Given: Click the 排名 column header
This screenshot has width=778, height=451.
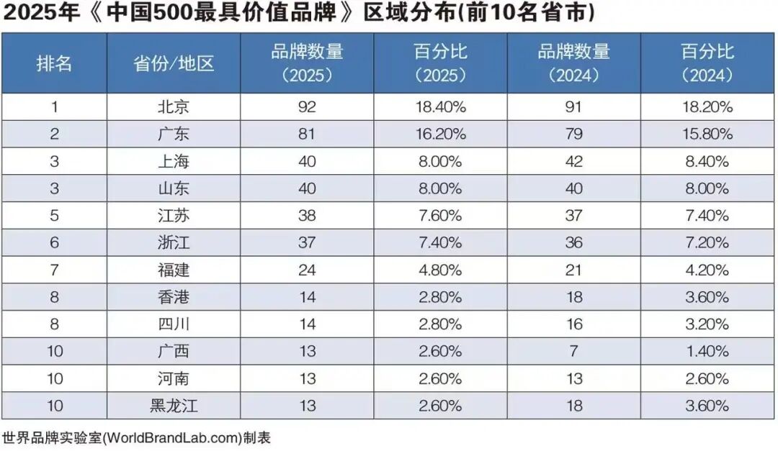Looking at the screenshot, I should point(54,63).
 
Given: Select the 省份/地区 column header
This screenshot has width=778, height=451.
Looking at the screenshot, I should point(174,63).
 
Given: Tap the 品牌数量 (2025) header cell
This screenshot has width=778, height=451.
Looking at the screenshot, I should point(307,63).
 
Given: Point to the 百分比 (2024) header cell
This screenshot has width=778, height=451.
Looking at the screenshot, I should point(707,63).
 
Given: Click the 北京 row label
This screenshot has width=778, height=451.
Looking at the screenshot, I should point(174,107).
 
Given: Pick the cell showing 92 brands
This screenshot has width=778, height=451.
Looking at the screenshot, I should point(307,107).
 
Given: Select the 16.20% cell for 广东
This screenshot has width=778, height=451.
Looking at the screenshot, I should point(440,134).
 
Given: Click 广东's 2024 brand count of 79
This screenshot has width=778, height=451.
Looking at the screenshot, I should point(573,134).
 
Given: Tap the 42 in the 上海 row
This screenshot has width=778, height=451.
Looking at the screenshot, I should point(573,161).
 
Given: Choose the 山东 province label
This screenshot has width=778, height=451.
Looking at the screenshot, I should point(174,188).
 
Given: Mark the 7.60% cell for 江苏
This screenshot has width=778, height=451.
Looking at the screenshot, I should point(440,216).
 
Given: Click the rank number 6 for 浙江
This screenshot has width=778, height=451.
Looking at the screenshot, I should point(54,242).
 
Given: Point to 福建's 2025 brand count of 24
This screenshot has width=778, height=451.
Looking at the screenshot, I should point(307,270).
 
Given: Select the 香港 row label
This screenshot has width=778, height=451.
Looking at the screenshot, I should point(174,297).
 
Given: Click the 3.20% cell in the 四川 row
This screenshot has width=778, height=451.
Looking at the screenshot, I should point(707,324).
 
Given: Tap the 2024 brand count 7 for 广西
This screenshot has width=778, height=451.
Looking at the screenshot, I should point(573,351).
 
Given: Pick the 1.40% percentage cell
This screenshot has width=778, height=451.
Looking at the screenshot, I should point(707,351).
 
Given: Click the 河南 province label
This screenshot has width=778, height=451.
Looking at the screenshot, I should point(174,378).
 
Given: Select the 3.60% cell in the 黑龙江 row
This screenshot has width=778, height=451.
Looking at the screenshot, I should point(707,406).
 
